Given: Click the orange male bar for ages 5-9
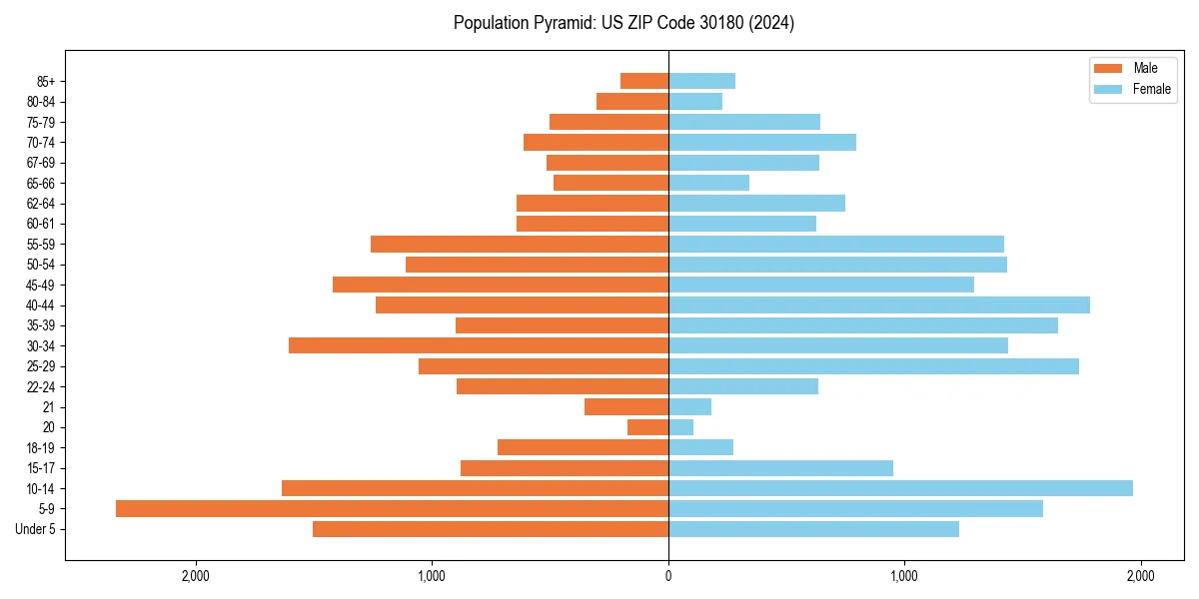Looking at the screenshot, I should coord(392,508).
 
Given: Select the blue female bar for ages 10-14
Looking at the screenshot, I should coord(900,488).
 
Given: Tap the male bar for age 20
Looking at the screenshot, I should coord(647,427).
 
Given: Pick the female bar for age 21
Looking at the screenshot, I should coord(689,406).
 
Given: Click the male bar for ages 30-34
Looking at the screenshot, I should coord(479,345).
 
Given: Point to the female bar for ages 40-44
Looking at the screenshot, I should coord(878,304).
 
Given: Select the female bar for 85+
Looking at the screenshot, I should coord(701,81).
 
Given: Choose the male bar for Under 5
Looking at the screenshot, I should coord(491,529).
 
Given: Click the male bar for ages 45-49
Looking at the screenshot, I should coord(501,285).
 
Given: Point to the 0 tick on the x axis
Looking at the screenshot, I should coord(668,576).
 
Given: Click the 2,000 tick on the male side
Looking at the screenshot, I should coord(196,576).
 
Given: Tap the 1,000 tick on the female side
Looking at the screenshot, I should coord(904,576).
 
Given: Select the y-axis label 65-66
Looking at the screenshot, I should coord(41,183).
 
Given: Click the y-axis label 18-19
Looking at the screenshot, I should coord(41,447).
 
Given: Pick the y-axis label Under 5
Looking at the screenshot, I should coord(36,529).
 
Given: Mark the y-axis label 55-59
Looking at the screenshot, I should coord(41,244).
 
